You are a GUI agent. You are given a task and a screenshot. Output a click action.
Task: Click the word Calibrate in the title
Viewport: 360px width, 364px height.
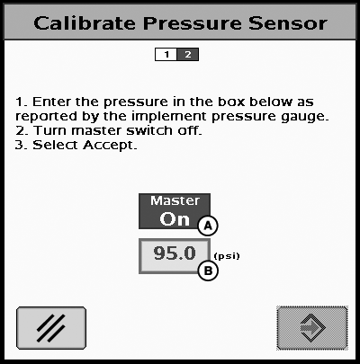[85, 23]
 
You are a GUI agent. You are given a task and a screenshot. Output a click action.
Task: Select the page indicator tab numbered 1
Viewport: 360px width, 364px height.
[166, 55]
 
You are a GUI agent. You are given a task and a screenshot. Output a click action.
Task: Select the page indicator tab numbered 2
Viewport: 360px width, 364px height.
[188, 55]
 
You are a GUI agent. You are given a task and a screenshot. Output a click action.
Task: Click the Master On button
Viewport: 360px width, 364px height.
[175, 211]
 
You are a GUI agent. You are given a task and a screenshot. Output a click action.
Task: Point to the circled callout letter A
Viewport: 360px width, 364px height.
[208, 226]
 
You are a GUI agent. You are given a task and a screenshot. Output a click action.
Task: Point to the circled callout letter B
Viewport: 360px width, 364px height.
[208, 271]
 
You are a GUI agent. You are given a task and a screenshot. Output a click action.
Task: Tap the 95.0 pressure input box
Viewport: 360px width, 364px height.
[175, 256]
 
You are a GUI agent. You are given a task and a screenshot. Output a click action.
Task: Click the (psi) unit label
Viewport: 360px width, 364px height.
[227, 256]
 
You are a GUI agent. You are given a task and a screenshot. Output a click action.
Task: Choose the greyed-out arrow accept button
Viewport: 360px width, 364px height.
[312, 328]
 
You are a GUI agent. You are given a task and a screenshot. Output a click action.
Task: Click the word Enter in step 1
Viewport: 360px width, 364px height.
[51, 102]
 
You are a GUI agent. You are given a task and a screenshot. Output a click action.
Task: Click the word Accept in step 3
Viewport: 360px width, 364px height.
[110, 146]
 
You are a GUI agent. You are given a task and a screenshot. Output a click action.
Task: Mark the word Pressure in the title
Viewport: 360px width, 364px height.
[193, 23]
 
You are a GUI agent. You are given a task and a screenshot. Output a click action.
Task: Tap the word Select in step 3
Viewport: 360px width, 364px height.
[56, 145]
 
